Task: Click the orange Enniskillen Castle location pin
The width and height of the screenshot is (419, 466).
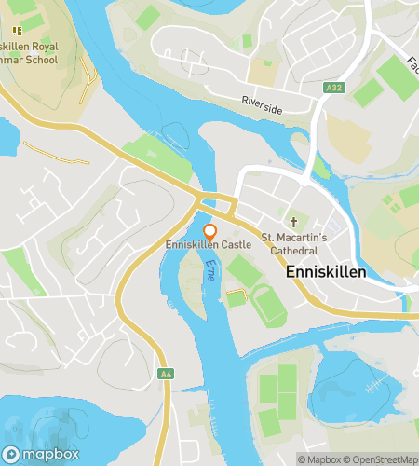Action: coord(209,231)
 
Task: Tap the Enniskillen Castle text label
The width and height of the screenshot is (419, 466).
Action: coord(209,244)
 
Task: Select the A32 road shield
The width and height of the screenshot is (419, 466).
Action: coord(334,88)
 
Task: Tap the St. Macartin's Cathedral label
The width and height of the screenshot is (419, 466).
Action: coord(293,243)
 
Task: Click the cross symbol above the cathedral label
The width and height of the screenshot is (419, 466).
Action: coord(293,222)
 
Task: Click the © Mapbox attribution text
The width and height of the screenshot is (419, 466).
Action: coord(319,459)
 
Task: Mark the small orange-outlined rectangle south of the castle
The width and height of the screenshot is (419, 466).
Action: coord(237,297)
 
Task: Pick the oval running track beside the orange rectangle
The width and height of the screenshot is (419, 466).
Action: coord(268,304)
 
